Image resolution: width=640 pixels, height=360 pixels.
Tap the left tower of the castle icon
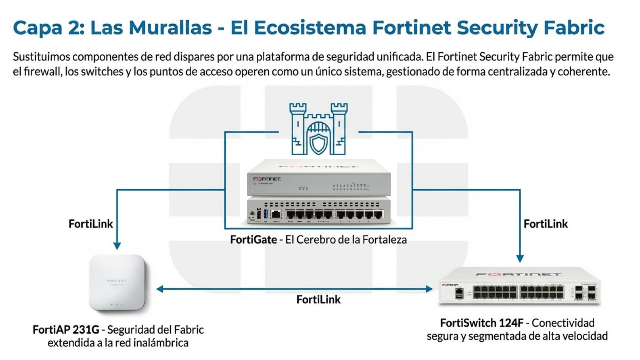pos(298,128)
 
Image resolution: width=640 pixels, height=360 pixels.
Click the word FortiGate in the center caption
pos(253,240)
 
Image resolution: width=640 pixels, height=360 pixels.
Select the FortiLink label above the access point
pos(91,224)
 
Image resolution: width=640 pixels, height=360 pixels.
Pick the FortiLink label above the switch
pos(546,224)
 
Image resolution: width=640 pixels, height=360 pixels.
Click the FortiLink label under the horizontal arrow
pos(318,299)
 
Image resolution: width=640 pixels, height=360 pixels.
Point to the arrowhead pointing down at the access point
pos(117,246)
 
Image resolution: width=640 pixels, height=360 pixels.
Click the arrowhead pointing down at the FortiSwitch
pos(520,259)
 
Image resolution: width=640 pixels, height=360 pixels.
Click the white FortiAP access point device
pos(117,283)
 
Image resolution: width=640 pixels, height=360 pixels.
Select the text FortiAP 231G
pos(66,330)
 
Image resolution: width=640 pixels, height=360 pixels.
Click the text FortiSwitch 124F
pos(482,323)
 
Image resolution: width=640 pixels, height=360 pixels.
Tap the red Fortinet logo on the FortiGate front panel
pos(267,179)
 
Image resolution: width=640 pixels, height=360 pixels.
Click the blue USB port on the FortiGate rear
pos(266,214)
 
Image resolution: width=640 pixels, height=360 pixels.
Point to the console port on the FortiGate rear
pos(276,214)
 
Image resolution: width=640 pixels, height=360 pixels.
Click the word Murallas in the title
pos(170,27)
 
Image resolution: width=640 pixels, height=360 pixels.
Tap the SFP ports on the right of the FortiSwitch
pos(585,292)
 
